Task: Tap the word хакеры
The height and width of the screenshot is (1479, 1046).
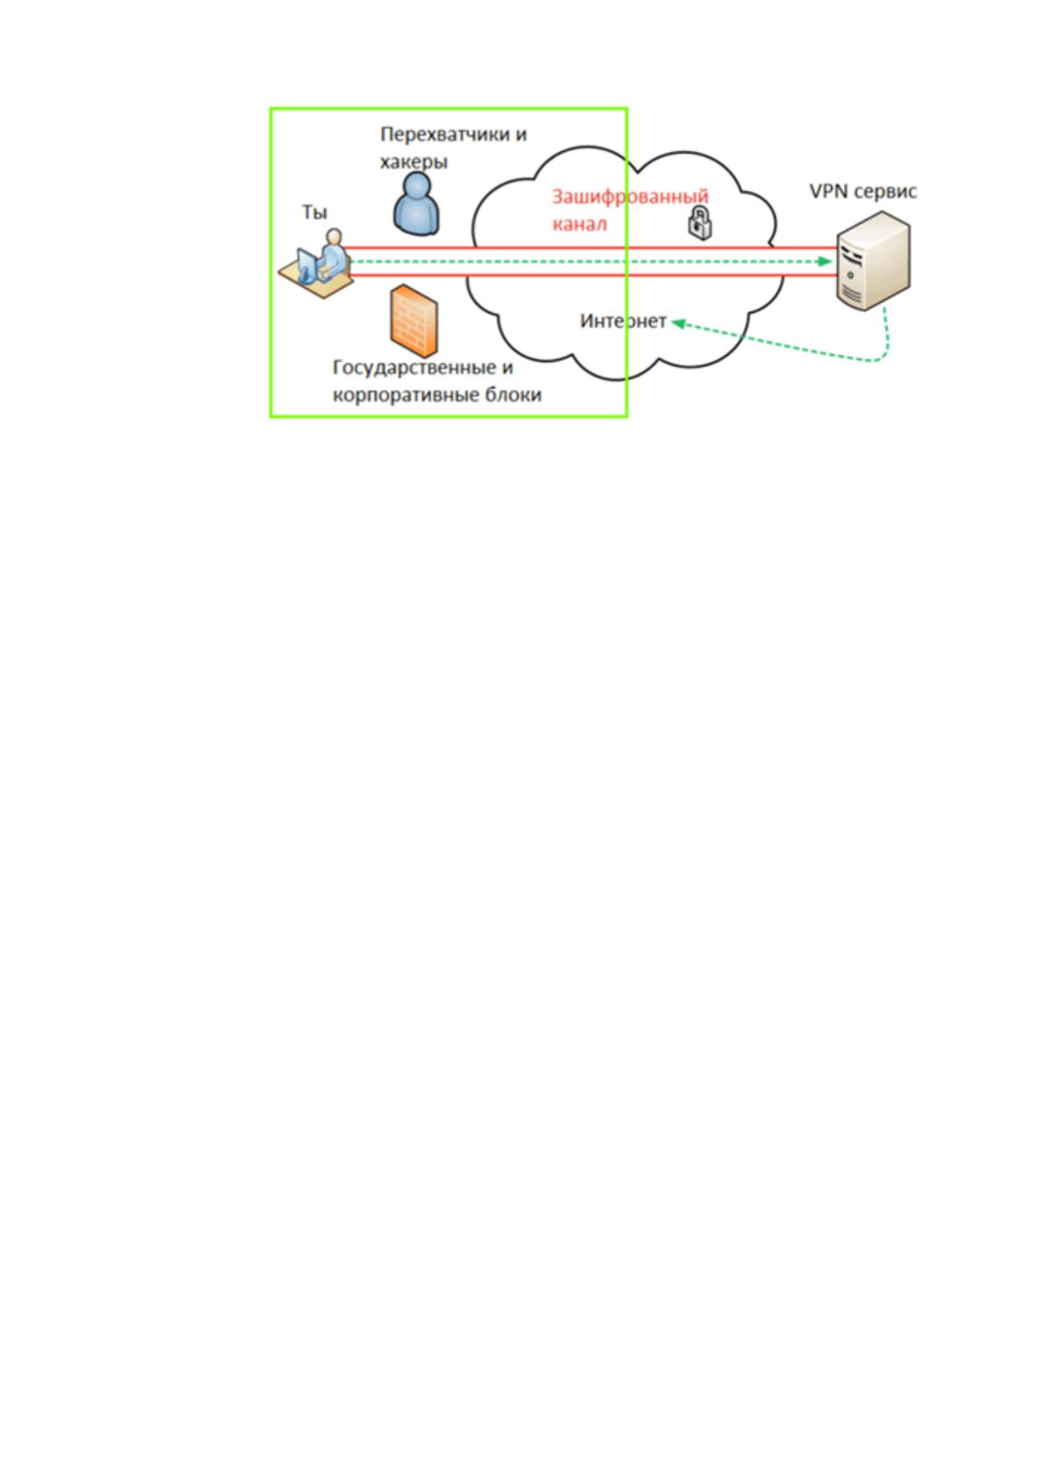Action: pos(414,162)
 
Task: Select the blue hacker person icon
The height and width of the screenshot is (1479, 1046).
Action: pos(416,204)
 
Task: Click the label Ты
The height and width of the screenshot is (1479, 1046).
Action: pos(314,212)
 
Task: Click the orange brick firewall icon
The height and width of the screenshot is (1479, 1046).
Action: pos(414,321)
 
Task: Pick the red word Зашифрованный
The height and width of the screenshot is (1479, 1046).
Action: pos(630,197)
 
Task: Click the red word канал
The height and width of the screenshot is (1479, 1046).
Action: pos(579,224)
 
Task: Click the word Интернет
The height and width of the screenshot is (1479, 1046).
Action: pos(623,321)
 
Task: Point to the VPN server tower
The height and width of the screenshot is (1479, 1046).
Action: pos(873,261)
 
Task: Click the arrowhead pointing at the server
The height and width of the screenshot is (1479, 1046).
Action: pos(825,262)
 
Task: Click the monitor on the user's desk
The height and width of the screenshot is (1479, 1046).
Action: pos(307,265)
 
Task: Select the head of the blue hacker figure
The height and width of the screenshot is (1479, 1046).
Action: pos(416,185)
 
